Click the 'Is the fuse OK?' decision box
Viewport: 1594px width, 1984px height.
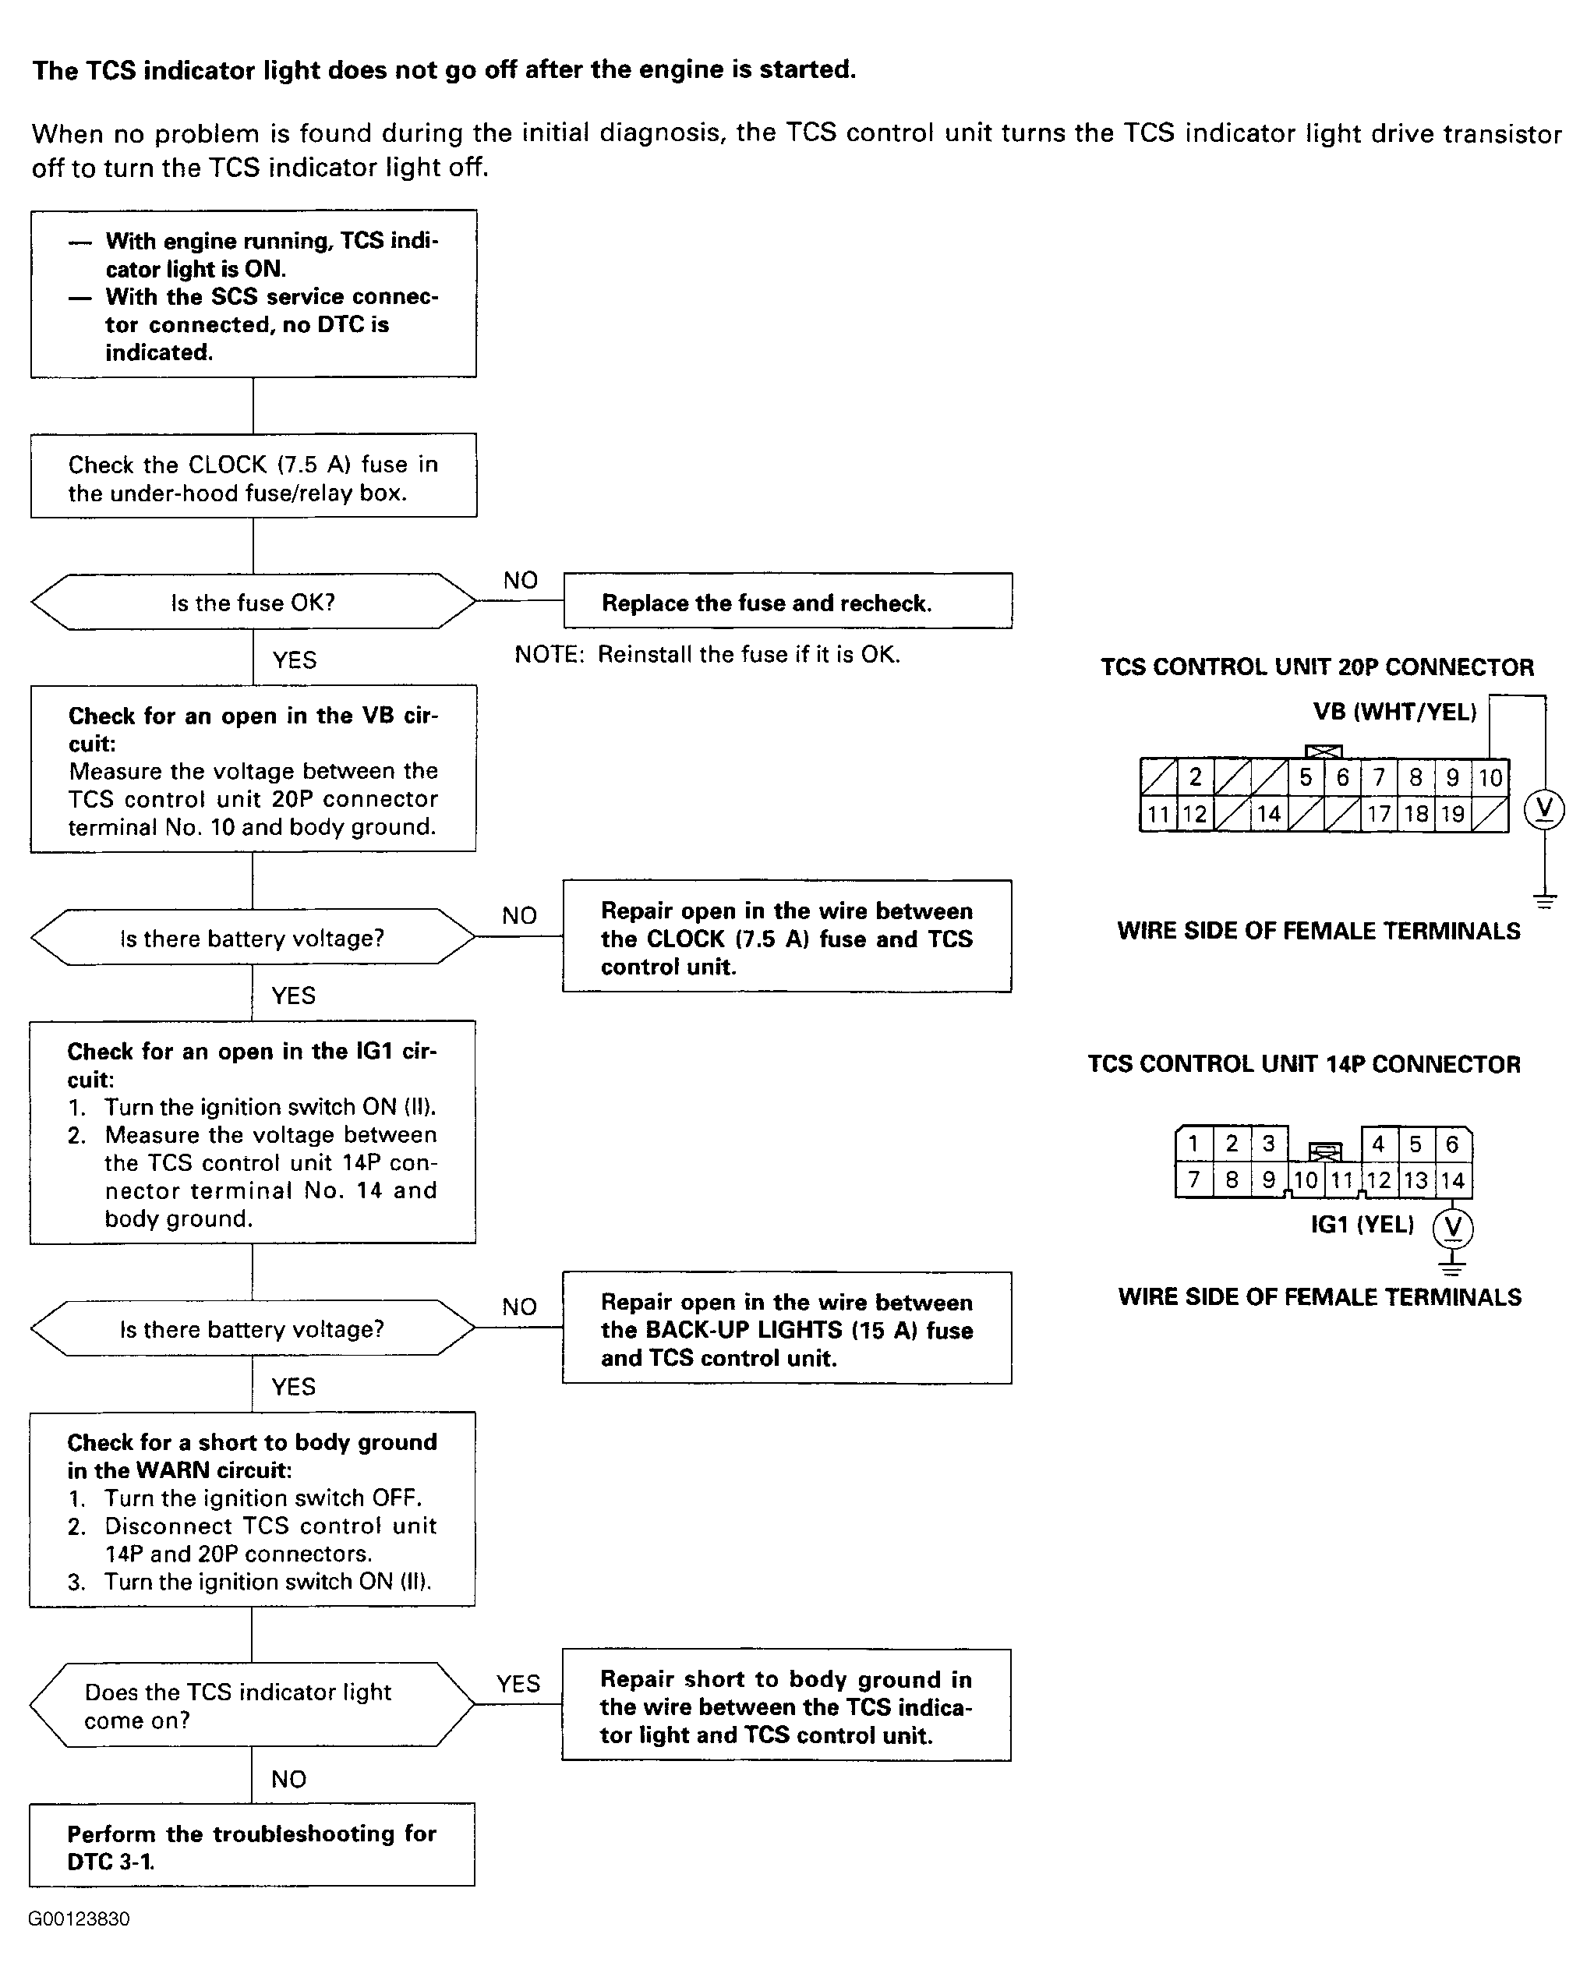tap(253, 603)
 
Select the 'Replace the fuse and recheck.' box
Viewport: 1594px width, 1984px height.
tap(787, 602)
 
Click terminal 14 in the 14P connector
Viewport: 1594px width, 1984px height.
tap(1452, 1180)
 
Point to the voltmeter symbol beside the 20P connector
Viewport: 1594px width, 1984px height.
tap(1544, 810)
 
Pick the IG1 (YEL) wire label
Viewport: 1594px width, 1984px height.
tap(1362, 1225)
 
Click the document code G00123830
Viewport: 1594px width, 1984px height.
tap(80, 1919)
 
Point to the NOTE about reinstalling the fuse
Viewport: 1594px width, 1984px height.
tap(707, 654)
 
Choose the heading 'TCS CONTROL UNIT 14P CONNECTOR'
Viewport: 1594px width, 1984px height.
tap(1304, 1065)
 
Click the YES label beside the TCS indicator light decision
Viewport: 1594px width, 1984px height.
tap(518, 1684)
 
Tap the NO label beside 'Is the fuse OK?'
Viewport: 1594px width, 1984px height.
tap(520, 581)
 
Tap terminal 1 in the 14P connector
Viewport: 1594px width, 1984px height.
tap(1193, 1144)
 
